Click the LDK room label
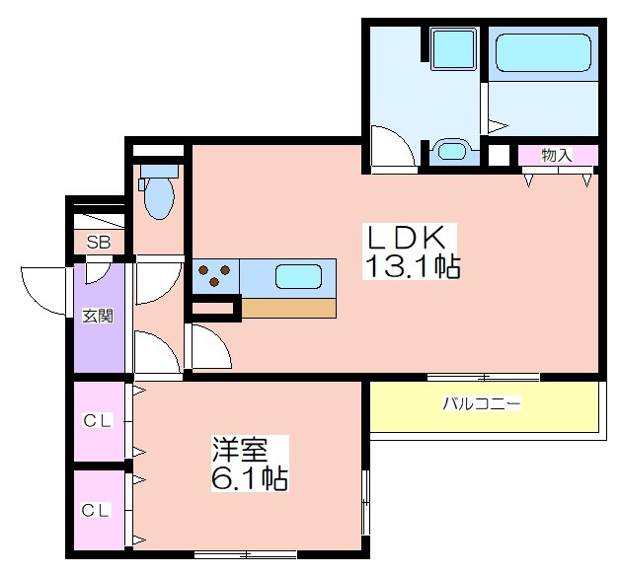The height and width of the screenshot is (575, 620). click(x=413, y=238)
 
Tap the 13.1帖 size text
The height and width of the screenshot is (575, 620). click(x=414, y=266)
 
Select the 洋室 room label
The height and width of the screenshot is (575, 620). click(x=240, y=450)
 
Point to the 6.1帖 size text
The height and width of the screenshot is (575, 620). click(x=248, y=479)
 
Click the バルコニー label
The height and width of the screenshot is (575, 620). click(x=481, y=404)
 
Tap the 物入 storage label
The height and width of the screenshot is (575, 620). click(x=557, y=155)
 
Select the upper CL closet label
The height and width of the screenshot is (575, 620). click(x=97, y=422)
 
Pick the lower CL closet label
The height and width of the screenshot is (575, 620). click(x=97, y=510)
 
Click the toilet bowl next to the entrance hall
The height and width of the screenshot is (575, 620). click(x=158, y=195)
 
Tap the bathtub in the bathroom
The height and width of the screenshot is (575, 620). click(x=542, y=54)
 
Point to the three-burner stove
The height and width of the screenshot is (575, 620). click(x=214, y=275)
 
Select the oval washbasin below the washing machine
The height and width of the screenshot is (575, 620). click(x=452, y=151)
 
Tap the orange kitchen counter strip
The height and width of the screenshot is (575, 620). click(x=289, y=308)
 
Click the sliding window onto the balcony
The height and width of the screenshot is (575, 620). click(x=484, y=376)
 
